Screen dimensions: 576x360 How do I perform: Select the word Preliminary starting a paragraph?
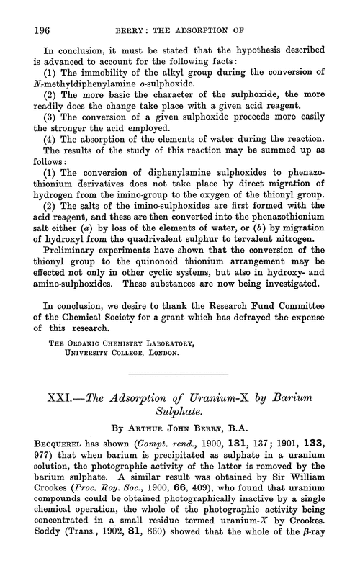pyautogui.click(x=64, y=251)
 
